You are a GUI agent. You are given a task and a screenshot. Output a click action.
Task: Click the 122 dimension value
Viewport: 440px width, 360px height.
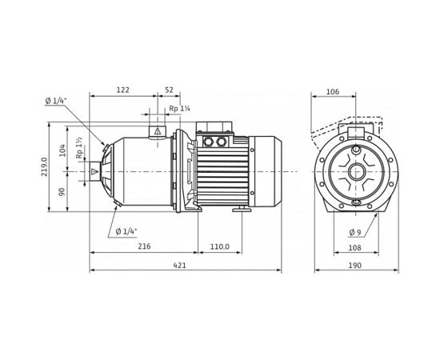pos(122,90)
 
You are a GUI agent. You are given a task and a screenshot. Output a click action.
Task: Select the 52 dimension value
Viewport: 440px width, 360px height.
pos(169,90)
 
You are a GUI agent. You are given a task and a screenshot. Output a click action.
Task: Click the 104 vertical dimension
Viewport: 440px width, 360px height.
pos(63,150)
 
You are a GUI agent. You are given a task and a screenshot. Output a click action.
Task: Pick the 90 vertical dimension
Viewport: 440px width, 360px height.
pos(63,192)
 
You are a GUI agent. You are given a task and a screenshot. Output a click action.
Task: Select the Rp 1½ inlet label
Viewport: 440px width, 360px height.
pos(79,150)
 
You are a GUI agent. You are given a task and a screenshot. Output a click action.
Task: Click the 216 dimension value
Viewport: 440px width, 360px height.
pos(144,247)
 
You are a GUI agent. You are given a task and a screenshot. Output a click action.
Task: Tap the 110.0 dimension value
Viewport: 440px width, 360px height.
pos(219,247)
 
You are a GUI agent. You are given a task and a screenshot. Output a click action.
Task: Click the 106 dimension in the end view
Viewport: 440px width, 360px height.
pos(333,92)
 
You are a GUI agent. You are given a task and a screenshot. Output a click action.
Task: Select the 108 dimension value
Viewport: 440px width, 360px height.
pos(353,248)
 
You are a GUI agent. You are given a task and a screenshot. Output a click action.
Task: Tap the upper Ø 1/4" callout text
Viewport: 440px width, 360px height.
pos(57,100)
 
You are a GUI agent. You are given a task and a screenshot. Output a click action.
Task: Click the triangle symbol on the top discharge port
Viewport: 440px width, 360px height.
pos(158,130)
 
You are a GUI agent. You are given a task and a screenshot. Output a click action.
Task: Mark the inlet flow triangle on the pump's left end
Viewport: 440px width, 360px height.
pos(95,171)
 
